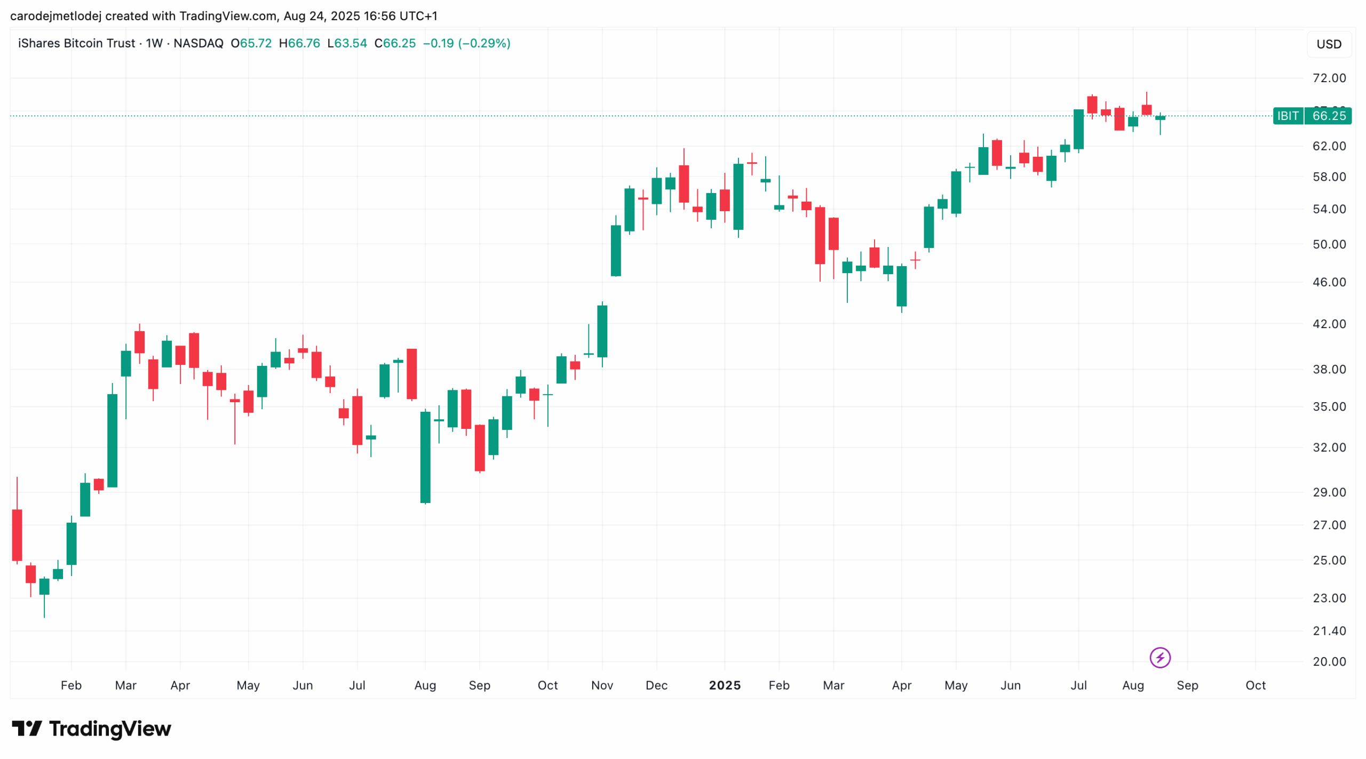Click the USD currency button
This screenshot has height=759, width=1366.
(1328, 44)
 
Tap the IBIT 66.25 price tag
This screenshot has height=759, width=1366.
(1311, 116)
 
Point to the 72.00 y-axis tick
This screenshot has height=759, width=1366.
(1329, 78)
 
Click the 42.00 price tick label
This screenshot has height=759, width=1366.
(1329, 324)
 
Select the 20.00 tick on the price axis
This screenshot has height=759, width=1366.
(1329, 661)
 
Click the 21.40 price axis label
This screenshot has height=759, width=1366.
(1329, 630)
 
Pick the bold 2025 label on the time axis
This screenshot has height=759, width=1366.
(724, 685)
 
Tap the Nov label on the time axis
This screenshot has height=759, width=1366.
(602, 685)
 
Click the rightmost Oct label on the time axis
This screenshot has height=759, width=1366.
(1255, 685)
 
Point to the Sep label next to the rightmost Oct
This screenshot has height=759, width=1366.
(1187, 685)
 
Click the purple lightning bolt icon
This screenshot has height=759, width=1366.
(1159, 658)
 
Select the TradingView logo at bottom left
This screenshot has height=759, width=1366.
(91, 729)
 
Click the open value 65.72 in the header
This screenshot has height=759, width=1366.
(256, 43)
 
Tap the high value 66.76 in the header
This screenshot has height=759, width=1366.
(304, 43)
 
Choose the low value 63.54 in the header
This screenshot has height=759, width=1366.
(351, 43)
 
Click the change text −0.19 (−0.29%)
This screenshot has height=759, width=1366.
(466, 43)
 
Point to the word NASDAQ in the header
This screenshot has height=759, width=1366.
(198, 43)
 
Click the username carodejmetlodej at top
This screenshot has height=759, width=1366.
(55, 16)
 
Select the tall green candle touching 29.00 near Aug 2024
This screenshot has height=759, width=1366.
(425, 457)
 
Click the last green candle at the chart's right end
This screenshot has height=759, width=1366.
(1159, 118)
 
